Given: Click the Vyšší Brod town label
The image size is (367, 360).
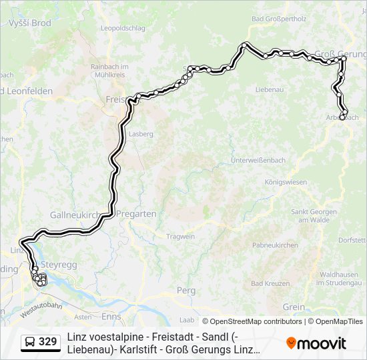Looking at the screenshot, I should tap(29, 23).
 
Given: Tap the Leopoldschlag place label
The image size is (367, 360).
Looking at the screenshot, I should tap(122, 28).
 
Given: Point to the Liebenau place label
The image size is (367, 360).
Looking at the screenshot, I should tap(270, 89).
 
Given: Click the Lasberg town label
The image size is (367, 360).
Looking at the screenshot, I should tap(141, 133).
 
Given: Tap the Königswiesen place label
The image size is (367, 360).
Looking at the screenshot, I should tap(286, 181).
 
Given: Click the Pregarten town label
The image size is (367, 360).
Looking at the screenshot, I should tap(136, 214).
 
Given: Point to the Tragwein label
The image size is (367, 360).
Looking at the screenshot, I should tap(180, 237).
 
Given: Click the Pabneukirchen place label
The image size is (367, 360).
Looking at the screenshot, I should tap(275, 245).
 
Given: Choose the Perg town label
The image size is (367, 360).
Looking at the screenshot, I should tap(186, 290).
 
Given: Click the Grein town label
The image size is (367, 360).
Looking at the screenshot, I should tap(294, 307).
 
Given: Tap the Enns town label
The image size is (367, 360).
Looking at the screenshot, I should tap(111, 316).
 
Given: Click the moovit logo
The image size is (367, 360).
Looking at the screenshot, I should tap(316, 343).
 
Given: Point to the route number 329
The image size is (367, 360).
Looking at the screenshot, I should tap(47, 343).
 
